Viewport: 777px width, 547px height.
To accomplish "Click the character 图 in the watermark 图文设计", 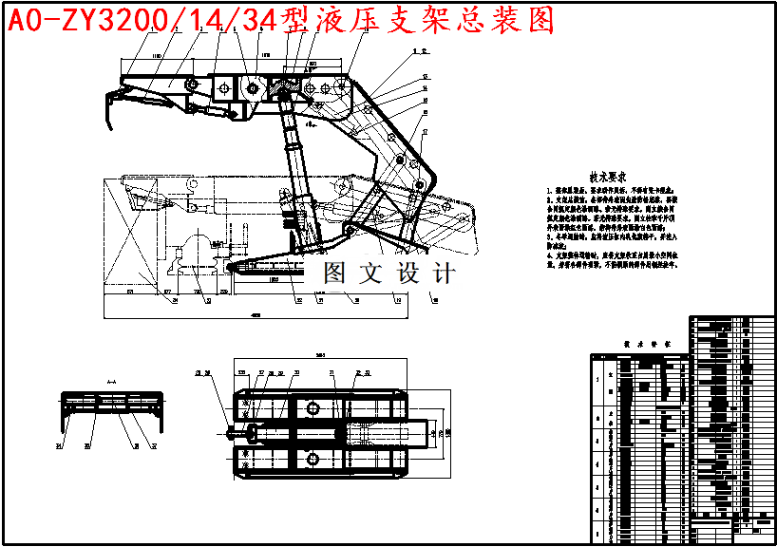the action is point(335,273).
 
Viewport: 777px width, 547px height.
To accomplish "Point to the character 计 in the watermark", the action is point(444,273).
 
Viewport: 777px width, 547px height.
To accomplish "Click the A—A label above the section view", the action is point(110,381).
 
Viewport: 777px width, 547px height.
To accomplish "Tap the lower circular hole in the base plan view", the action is point(313,457).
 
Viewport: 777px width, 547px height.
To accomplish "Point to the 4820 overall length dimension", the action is point(255,313).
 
